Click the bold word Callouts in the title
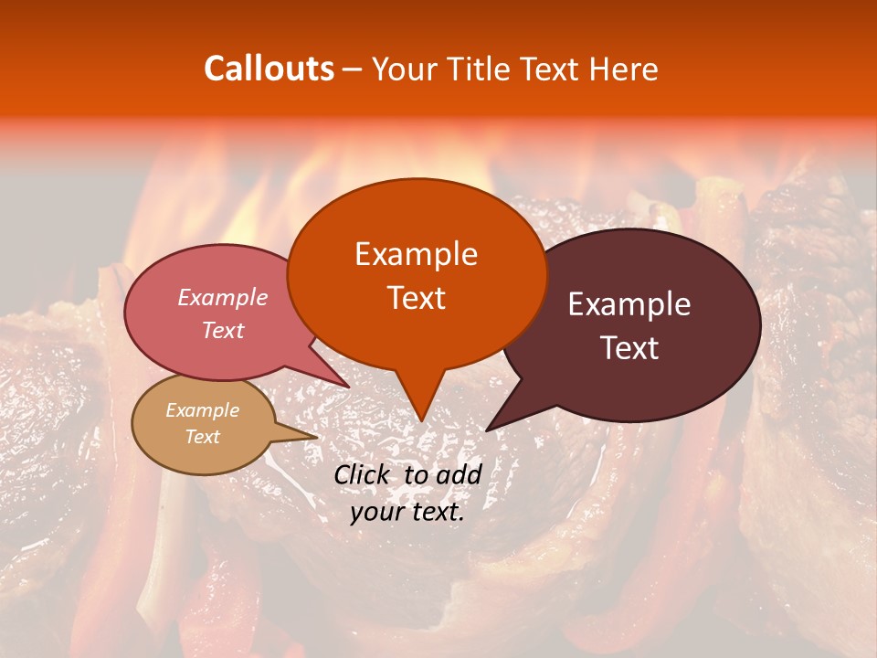coord(269,69)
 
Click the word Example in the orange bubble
coord(416,254)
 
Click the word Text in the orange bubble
coord(416,297)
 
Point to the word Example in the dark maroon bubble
coord(629,304)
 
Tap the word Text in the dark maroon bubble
coord(629,347)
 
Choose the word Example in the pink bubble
coord(223,297)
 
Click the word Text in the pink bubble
coord(223,330)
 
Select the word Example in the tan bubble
coord(203,410)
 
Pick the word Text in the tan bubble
coord(203,437)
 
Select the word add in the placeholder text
coord(460,474)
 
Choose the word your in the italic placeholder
coord(376,512)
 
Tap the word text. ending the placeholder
coord(435,512)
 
